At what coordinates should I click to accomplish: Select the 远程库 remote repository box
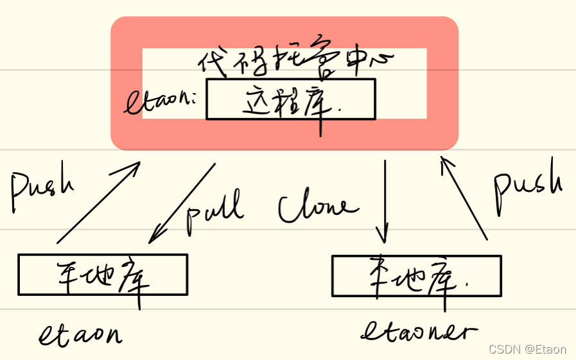(x=290, y=99)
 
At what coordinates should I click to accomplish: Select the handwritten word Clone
(x=315, y=207)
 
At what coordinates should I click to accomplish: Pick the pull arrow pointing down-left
(x=182, y=203)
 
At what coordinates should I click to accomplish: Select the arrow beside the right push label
(x=464, y=199)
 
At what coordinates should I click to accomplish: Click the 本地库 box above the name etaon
(x=103, y=274)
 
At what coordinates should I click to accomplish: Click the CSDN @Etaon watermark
(x=527, y=349)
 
